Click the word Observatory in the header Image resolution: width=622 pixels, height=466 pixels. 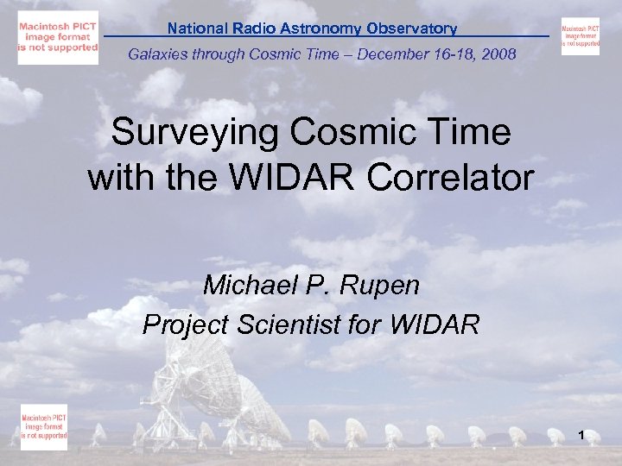(x=411, y=28)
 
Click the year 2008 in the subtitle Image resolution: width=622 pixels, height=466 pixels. (x=500, y=55)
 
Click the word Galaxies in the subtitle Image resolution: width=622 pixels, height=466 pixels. (x=158, y=55)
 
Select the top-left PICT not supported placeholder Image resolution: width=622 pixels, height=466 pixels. (x=58, y=39)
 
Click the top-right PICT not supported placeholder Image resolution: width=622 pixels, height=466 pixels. (x=580, y=36)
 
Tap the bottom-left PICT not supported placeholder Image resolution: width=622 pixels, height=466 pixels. (x=44, y=426)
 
